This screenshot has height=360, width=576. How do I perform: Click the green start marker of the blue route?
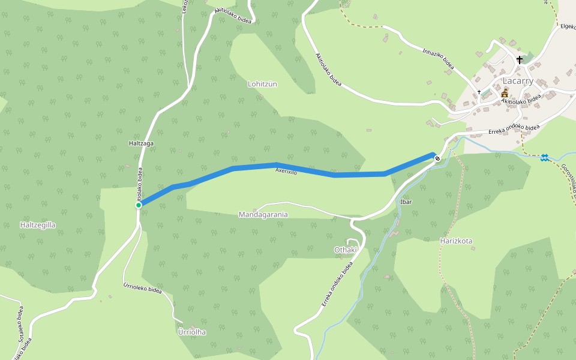(139, 205)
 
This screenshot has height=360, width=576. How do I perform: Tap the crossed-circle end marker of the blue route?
(437, 159)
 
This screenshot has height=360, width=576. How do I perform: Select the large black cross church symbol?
(520, 60)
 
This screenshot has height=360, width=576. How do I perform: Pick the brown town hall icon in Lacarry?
(505, 92)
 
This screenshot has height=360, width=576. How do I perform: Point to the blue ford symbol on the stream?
(544, 157)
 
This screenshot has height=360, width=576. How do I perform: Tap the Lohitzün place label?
(262, 84)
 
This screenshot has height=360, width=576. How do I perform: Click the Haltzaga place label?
(142, 143)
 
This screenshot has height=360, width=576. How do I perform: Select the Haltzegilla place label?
(38, 225)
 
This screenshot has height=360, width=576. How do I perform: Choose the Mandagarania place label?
(263, 214)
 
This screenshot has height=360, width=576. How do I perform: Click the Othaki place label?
(346, 250)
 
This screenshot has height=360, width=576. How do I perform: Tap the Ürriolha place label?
(192, 332)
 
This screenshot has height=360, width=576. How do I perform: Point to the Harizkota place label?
(456, 241)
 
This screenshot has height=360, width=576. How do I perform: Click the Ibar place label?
(406, 202)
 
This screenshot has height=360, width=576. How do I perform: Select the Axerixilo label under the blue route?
(286, 172)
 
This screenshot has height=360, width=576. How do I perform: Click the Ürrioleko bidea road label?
(143, 289)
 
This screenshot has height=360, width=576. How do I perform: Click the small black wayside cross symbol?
(479, 92)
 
